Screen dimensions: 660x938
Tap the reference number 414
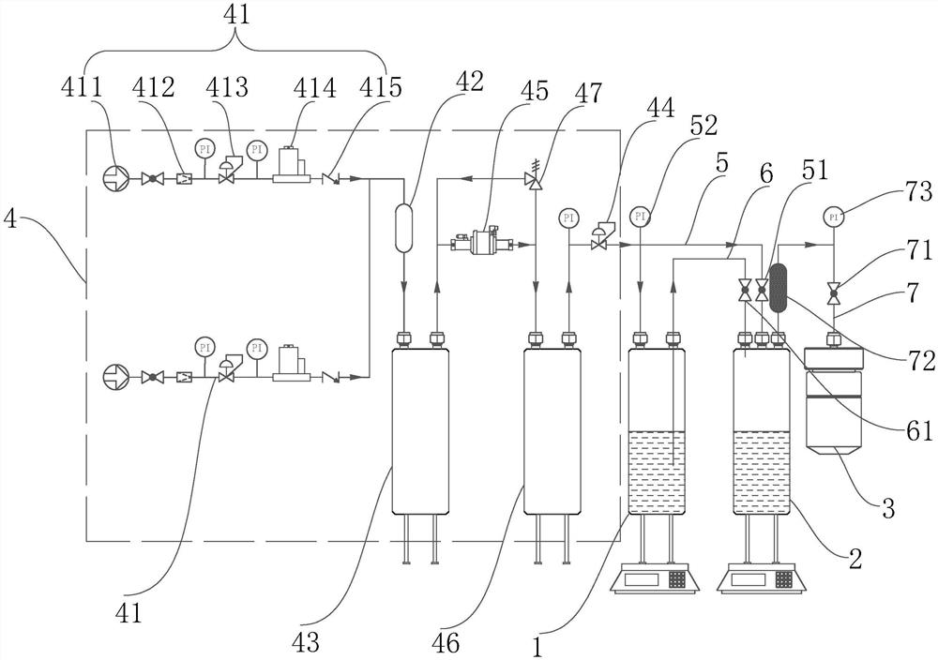pyautogui.click(x=312, y=90)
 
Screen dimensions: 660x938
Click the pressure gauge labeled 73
pyautogui.click(x=833, y=217)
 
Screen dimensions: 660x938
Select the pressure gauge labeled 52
pyautogui.click(x=640, y=217)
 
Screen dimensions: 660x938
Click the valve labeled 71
pyautogui.click(x=833, y=294)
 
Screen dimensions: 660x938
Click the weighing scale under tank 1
pyautogui.click(x=656, y=581)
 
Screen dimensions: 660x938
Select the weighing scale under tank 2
pyautogui.click(x=761, y=581)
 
